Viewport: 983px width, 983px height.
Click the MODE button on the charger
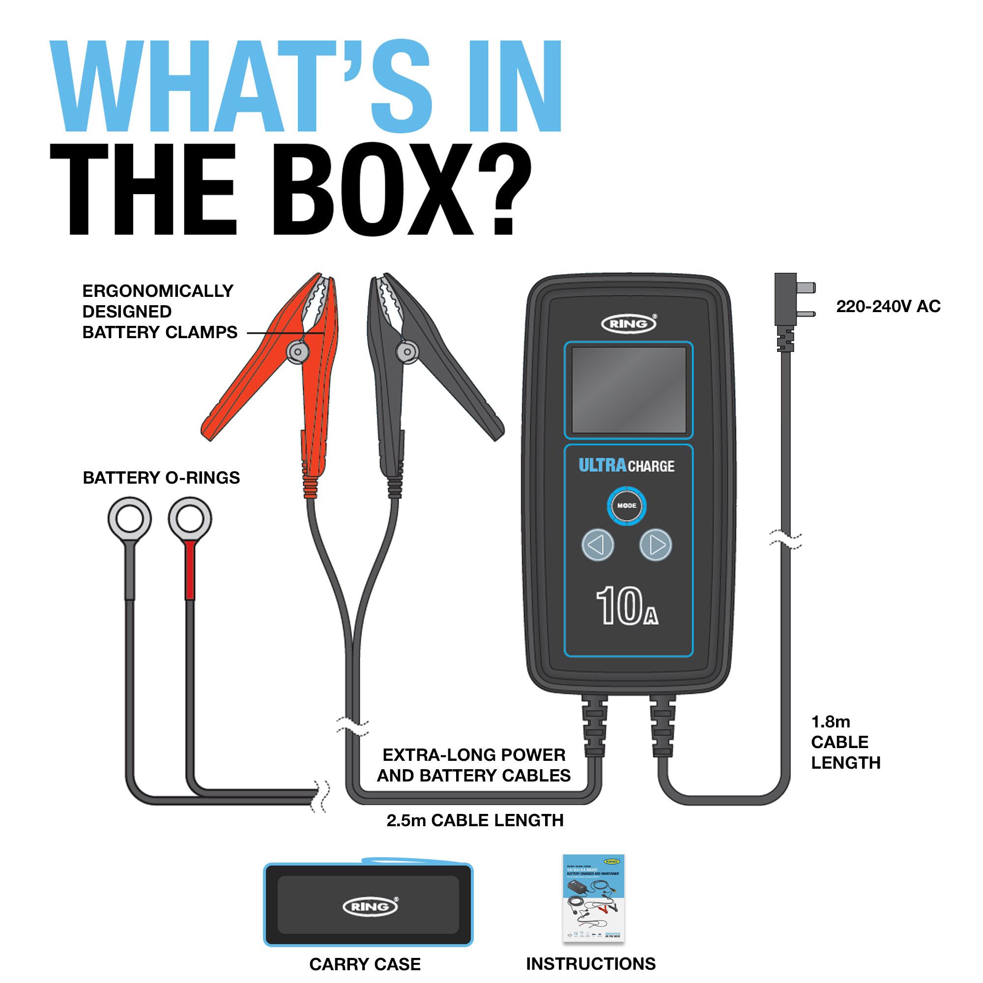(626, 506)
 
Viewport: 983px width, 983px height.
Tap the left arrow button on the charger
(597, 545)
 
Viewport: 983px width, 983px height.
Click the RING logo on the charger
(629, 323)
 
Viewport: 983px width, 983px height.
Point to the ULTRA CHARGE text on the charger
(626, 465)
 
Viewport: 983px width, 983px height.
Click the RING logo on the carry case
(370, 907)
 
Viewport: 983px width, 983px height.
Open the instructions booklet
(593, 897)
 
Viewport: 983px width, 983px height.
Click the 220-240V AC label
(888, 306)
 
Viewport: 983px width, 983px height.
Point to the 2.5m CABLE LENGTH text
(475, 820)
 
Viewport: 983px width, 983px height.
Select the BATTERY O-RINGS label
(161, 478)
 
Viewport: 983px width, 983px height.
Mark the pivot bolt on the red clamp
(298, 351)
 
